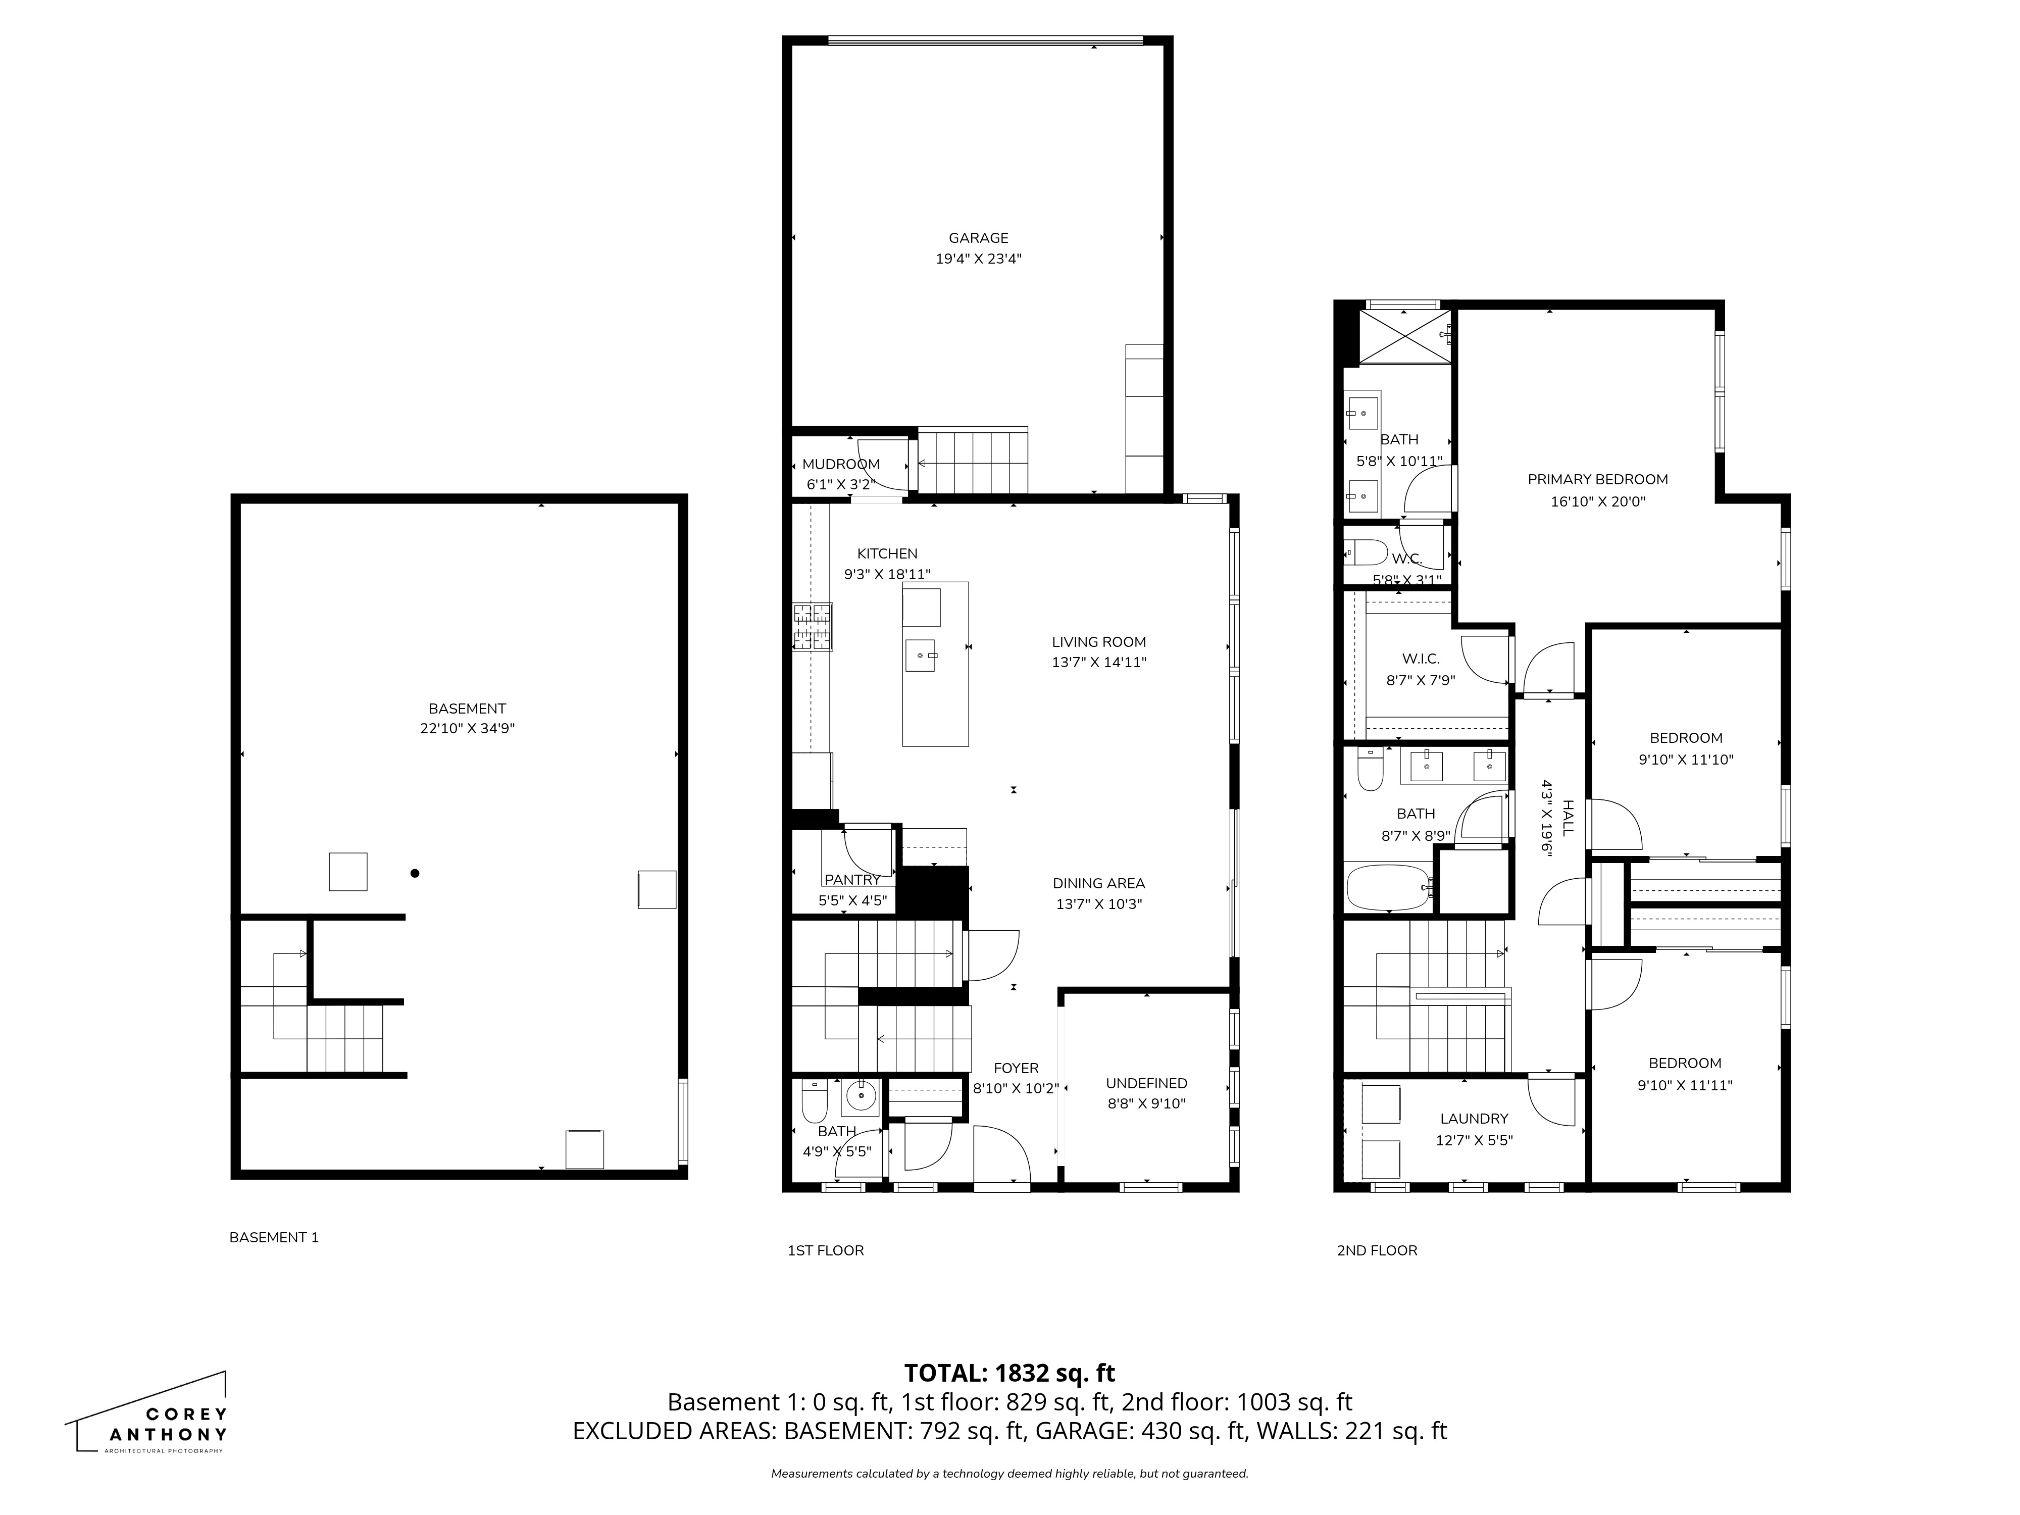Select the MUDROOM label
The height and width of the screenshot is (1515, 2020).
tap(841, 464)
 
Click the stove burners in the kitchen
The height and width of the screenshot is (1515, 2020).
tap(812, 627)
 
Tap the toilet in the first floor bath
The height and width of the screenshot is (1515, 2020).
tap(814, 1102)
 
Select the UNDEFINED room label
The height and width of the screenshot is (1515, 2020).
tap(1146, 1083)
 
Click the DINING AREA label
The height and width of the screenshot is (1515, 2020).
tap(1098, 883)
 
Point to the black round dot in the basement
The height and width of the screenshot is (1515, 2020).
tap(415, 873)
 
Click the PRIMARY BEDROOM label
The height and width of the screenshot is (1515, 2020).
tap(1597, 479)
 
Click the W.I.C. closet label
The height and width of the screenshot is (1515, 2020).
tap(1420, 659)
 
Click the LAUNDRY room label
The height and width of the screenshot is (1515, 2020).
tap(1474, 1119)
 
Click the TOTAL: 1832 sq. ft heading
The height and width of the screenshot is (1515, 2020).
tap(1009, 1373)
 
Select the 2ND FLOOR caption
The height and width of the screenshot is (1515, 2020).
tap(1376, 1250)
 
